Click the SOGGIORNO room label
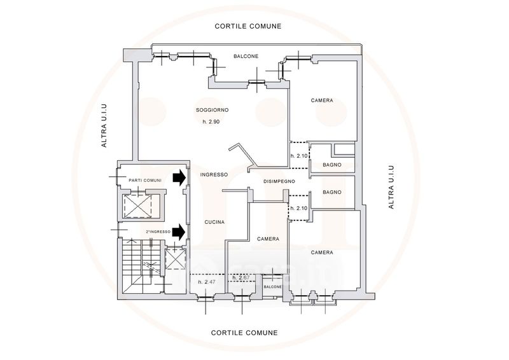[x=213, y=110]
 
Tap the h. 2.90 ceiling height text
[x=211, y=121]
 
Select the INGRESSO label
[x=214, y=175]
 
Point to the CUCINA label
[x=214, y=222]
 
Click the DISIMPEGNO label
[x=279, y=181]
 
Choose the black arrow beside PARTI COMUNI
[x=179, y=178]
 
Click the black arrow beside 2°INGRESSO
[x=179, y=232]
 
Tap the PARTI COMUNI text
[x=145, y=181]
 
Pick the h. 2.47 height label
[x=207, y=282]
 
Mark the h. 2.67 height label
[x=241, y=277]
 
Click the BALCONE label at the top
[x=246, y=56]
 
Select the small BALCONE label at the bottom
[x=273, y=287]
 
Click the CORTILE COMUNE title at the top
[x=248, y=26]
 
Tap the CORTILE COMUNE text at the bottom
[x=244, y=333]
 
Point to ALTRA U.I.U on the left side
[x=104, y=126]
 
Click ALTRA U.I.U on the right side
[x=391, y=187]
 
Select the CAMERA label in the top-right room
[x=322, y=100]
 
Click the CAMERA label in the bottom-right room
[x=322, y=253]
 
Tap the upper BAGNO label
[x=332, y=165]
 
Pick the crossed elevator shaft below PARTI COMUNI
[x=138, y=206]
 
